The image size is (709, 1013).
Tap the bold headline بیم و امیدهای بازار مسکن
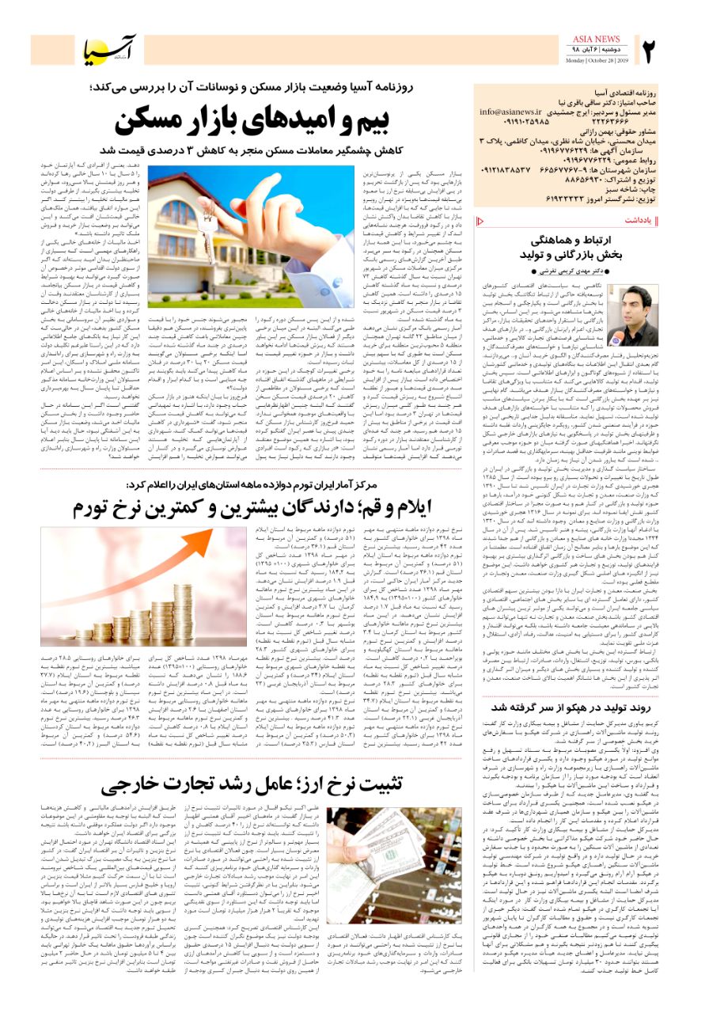pyautogui.click(x=252, y=122)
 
